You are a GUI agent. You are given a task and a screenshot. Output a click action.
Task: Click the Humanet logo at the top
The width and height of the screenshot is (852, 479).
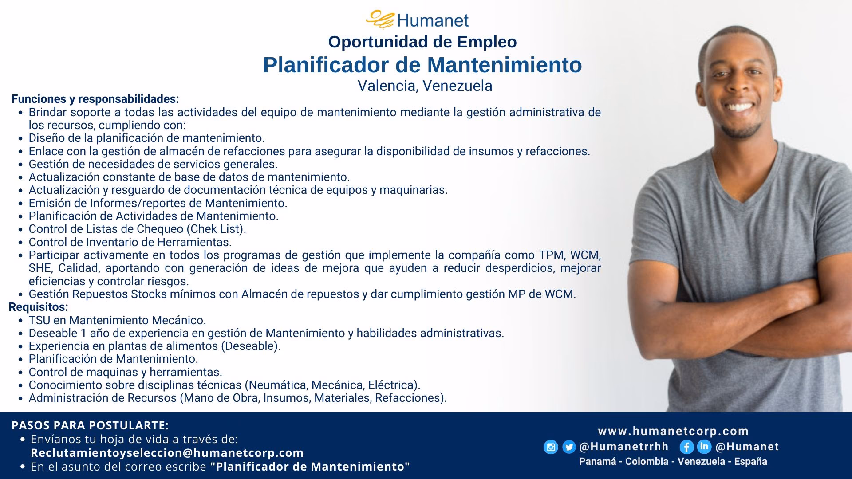(417, 20)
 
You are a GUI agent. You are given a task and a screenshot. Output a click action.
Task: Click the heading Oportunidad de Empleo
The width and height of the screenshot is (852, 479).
(422, 42)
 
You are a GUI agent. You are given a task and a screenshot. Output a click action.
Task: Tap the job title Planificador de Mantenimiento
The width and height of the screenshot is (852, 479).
(422, 65)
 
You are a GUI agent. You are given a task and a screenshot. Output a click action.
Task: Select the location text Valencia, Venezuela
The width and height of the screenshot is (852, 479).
(425, 86)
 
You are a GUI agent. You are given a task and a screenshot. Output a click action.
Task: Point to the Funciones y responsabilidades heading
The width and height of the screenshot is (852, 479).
(95, 98)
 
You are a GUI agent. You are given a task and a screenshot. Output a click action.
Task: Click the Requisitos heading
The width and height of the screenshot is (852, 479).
(39, 307)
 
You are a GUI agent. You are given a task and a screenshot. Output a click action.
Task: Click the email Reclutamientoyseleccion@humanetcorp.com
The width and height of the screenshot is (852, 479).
(167, 453)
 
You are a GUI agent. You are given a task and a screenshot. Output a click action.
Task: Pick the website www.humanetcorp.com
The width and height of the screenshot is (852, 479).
(673, 431)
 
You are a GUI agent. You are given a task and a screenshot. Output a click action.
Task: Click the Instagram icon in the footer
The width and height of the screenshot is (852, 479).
(551, 447)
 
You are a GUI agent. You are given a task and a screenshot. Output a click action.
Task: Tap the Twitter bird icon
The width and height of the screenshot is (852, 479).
(569, 447)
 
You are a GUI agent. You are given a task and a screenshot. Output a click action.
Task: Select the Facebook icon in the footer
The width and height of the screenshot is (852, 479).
(686, 447)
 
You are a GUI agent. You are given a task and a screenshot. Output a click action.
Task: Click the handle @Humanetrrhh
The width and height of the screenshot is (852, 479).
(624, 447)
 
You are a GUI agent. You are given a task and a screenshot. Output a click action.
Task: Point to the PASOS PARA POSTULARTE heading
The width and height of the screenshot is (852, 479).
(90, 425)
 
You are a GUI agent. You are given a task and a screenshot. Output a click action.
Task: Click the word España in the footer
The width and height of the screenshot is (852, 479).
(750, 461)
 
